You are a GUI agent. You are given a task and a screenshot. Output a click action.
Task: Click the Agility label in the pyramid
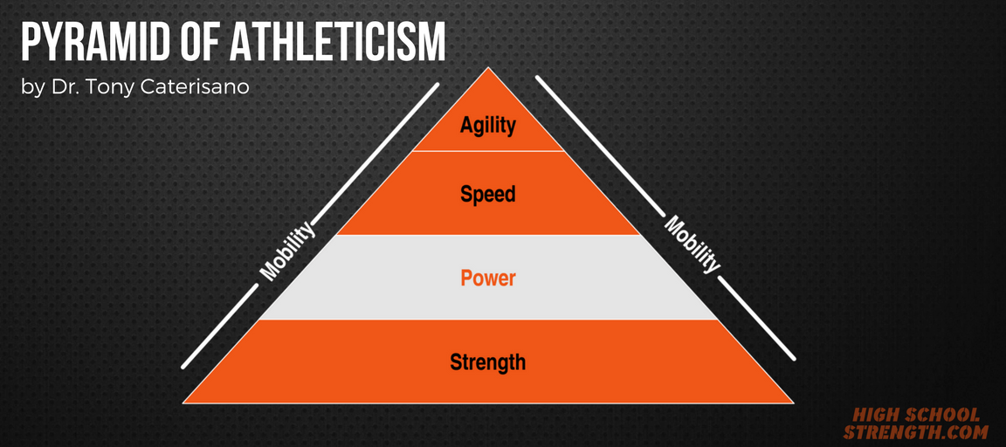(x=488, y=125)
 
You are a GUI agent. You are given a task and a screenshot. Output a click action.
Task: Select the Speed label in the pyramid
(x=488, y=193)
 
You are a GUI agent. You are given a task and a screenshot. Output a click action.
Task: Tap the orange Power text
(x=488, y=279)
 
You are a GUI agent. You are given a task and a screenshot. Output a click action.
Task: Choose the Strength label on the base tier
(x=488, y=361)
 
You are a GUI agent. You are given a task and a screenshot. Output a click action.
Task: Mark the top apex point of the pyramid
(x=488, y=68)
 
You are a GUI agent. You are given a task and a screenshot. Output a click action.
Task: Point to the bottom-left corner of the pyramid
(x=184, y=402)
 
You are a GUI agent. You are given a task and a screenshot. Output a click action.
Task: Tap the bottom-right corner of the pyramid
(x=792, y=402)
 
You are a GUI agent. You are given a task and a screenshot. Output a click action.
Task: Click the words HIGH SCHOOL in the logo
(x=916, y=416)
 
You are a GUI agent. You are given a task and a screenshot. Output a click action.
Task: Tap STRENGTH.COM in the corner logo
(x=916, y=432)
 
